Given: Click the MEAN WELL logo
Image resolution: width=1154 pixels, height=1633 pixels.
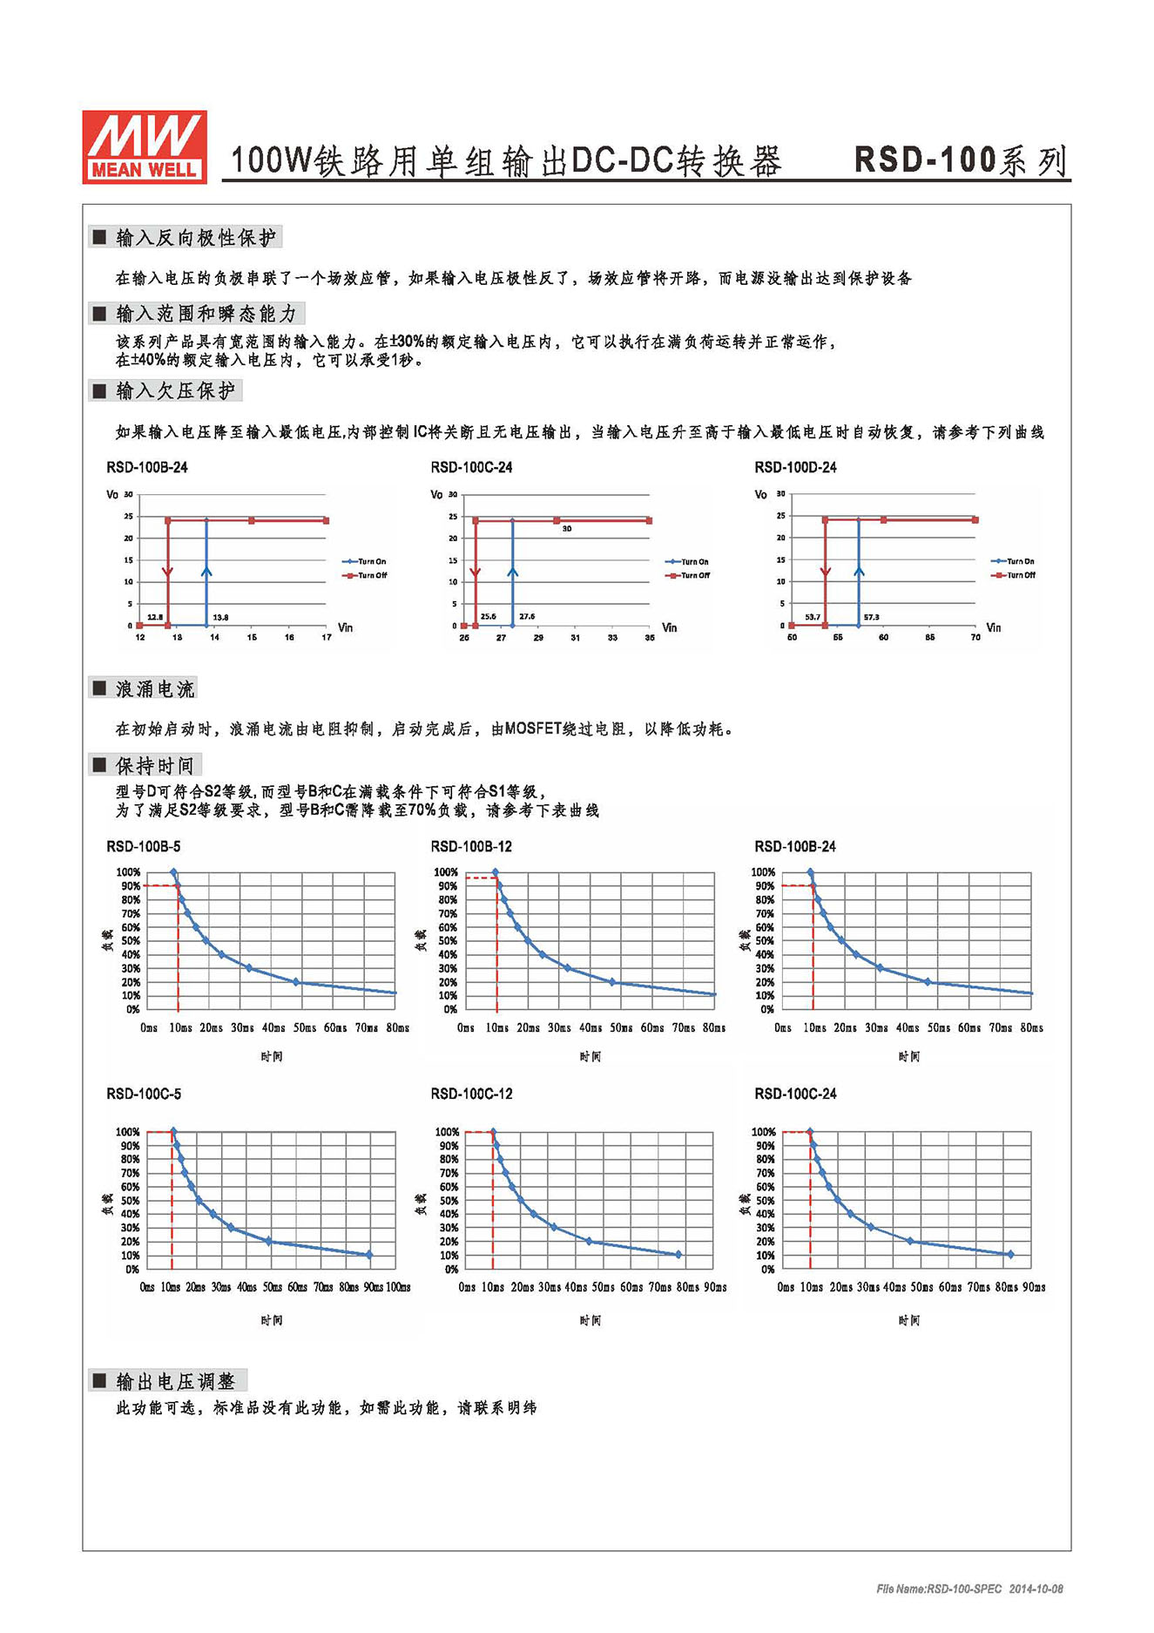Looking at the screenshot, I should pyautogui.click(x=145, y=146).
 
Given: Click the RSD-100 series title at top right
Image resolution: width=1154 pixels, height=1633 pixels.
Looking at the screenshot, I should pyautogui.click(x=960, y=160).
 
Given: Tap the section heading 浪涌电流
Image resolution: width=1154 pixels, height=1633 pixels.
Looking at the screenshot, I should pyautogui.click(x=154, y=689).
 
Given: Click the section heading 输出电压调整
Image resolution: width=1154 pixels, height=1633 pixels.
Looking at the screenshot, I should pyautogui.click(x=175, y=1381).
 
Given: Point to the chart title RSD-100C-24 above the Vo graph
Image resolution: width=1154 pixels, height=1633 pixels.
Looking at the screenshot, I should pyautogui.click(x=471, y=468).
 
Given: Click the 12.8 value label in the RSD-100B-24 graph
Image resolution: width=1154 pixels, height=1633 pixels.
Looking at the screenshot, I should pyautogui.click(x=155, y=617).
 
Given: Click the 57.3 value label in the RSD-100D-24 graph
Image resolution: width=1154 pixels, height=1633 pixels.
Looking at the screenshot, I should pyautogui.click(x=871, y=617).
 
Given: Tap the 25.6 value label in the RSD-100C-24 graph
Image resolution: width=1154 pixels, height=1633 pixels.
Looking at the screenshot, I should pyautogui.click(x=488, y=616).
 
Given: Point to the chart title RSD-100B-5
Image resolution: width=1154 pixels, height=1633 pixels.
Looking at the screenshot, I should pyautogui.click(x=144, y=847).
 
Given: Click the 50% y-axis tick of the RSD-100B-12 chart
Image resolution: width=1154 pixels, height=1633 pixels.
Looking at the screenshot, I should pyautogui.click(x=447, y=940).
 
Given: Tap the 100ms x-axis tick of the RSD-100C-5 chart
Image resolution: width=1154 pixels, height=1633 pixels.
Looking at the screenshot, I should pyautogui.click(x=398, y=1287).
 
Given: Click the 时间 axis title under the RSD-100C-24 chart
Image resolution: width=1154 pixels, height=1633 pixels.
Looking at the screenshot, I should pyautogui.click(x=908, y=1320).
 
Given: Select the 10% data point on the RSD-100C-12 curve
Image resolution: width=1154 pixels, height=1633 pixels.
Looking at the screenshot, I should pyautogui.click(x=678, y=1255).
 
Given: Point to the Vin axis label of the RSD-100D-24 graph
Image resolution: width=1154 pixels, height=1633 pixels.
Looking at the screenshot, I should pyautogui.click(x=993, y=627).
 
